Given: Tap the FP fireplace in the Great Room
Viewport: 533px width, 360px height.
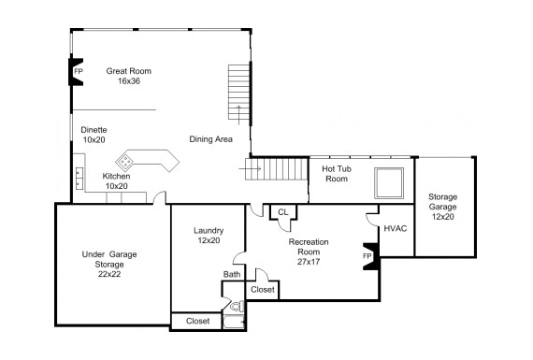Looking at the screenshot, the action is [x=76, y=72].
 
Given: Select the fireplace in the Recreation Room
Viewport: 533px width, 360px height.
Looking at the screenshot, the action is [x=370, y=256].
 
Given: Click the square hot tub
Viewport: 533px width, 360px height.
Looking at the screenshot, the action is [x=389, y=183].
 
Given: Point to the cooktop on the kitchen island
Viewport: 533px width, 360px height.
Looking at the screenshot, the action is [x=125, y=162].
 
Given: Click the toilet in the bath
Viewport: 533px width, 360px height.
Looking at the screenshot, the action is [x=238, y=307].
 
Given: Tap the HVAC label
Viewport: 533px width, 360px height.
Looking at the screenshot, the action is [x=396, y=228].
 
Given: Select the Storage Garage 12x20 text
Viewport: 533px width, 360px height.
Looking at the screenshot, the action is [x=442, y=207].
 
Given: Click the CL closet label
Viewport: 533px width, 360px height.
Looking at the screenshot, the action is [x=282, y=212].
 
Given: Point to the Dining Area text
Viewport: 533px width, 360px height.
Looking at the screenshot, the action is [x=210, y=139].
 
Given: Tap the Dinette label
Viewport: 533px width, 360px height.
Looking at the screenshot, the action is [x=94, y=130].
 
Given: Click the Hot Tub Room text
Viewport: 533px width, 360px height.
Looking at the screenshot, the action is [x=337, y=174].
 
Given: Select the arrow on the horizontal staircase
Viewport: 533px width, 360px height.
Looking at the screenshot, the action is [x=250, y=169].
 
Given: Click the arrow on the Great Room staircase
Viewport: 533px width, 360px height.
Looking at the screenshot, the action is [x=238, y=115].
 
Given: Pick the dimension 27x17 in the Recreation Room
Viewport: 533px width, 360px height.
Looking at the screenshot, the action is [x=309, y=262].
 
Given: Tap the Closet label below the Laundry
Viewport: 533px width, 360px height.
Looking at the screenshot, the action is [x=198, y=321].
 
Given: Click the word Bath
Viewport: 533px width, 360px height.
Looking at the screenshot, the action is [x=232, y=274].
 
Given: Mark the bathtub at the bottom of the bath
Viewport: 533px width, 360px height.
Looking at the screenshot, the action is [x=234, y=323].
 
